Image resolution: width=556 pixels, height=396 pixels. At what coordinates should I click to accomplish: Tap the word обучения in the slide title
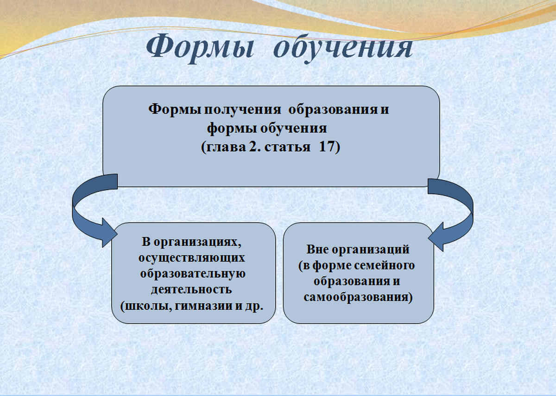(x=343, y=47)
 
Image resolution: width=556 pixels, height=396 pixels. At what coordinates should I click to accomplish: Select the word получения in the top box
(x=242, y=109)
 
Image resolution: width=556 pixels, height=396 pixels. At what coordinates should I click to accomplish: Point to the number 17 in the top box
(x=326, y=147)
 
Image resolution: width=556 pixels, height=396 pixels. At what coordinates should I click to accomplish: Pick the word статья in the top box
(x=287, y=147)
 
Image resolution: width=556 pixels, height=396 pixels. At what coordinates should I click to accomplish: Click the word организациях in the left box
(x=197, y=242)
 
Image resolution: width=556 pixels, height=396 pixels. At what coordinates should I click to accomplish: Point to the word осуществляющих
(x=192, y=258)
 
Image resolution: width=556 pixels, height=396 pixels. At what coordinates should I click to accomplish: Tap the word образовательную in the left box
(x=193, y=274)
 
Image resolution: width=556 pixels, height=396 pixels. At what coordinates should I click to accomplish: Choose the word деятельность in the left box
(x=191, y=289)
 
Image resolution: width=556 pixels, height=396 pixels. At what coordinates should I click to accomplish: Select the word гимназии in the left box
(x=203, y=306)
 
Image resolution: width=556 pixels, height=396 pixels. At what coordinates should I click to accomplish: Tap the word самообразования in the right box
(x=356, y=297)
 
